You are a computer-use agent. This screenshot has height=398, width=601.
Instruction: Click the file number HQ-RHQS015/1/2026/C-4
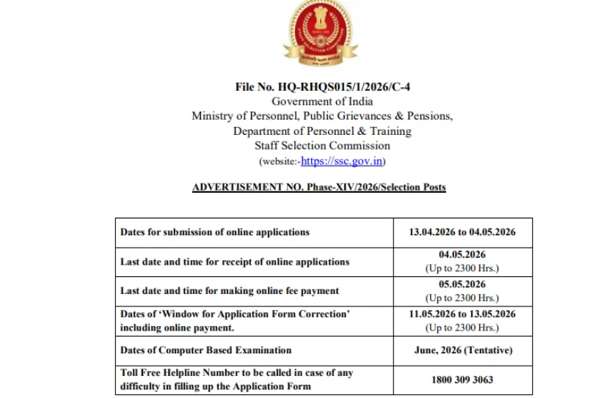click(x=318, y=87)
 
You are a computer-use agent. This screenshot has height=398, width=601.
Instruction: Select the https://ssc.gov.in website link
click(x=342, y=161)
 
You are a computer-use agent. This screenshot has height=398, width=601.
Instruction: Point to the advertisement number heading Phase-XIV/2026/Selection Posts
click(x=318, y=187)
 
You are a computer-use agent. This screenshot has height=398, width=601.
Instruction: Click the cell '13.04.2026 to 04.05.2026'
click(x=462, y=232)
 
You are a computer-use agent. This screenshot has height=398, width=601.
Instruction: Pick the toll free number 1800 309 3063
click(x=462, y=380)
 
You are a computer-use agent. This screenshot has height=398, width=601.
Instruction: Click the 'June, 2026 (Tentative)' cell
click(x=462, y=350)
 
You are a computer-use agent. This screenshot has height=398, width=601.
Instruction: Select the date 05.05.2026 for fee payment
click(x=462, y=284)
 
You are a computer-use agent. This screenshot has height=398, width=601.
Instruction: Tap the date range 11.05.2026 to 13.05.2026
click(x=462, y=314)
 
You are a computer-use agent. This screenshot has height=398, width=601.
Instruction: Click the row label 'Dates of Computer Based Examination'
click(x=206, y=350)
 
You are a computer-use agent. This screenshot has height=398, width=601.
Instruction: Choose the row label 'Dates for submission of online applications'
click(x=215, y=232)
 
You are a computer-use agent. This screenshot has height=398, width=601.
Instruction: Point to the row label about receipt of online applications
click(x=235, y=262)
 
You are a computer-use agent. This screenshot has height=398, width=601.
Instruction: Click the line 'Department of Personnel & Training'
click(x=322, y=131)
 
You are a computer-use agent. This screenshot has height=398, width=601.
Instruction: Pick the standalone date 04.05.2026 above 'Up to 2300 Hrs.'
click(x=462, y=255)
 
